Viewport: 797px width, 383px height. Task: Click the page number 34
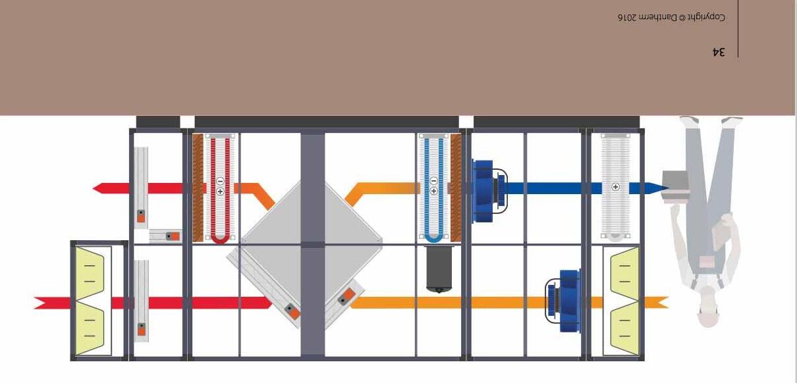pyautogui.click(x=719, y=51)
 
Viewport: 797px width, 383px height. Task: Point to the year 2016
pyautogui.click(x=628, y=18)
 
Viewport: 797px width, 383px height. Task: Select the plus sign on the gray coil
pyautogui.click(x=616, y=187)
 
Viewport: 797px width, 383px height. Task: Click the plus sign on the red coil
pyautogui.click(x=220, y=191)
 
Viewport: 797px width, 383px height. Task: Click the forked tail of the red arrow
pyautogui.click(x=40, y=303)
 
